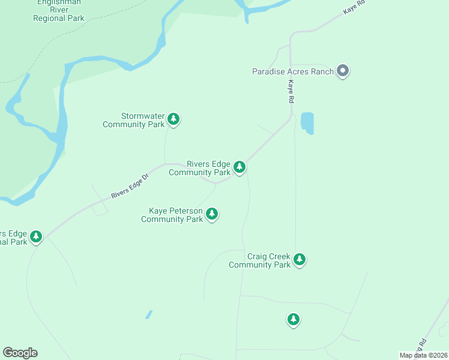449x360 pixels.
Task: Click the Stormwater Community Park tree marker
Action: point(173,119)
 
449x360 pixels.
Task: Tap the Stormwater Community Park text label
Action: point(134,120)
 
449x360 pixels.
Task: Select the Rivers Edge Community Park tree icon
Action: point(240,166)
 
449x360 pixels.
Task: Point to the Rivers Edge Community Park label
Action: point(200,168)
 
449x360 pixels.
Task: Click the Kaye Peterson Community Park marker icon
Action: point(211,213)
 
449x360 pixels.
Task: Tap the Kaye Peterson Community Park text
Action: point(172,215)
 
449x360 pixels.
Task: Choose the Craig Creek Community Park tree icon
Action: point(300,259)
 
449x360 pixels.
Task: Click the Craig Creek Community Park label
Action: point(259,260)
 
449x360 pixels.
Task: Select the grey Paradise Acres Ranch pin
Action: point(343,71)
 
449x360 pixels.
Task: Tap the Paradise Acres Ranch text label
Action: point(292,71)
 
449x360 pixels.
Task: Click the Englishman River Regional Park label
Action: point(59,11)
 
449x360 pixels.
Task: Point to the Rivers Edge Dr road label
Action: point(129,187)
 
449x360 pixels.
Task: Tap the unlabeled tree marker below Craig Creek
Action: point(293,319)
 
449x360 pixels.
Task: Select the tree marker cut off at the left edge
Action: point(36,236)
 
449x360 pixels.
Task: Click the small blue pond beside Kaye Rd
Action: point(307,123)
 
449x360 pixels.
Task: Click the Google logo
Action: point(20,353)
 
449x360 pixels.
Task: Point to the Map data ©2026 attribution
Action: point(424,355)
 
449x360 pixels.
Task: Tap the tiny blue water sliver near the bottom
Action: point(148,314)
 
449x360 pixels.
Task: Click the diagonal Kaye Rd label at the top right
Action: point(354,8)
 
